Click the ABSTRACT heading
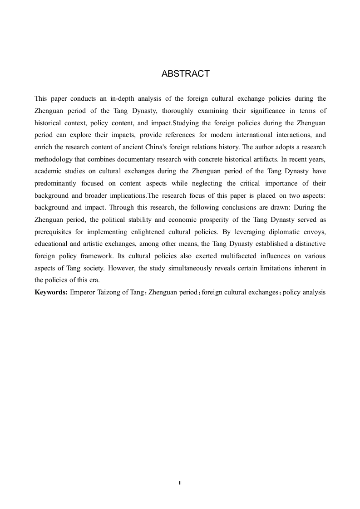tap(185, 73)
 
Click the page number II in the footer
tap(180, 483)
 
